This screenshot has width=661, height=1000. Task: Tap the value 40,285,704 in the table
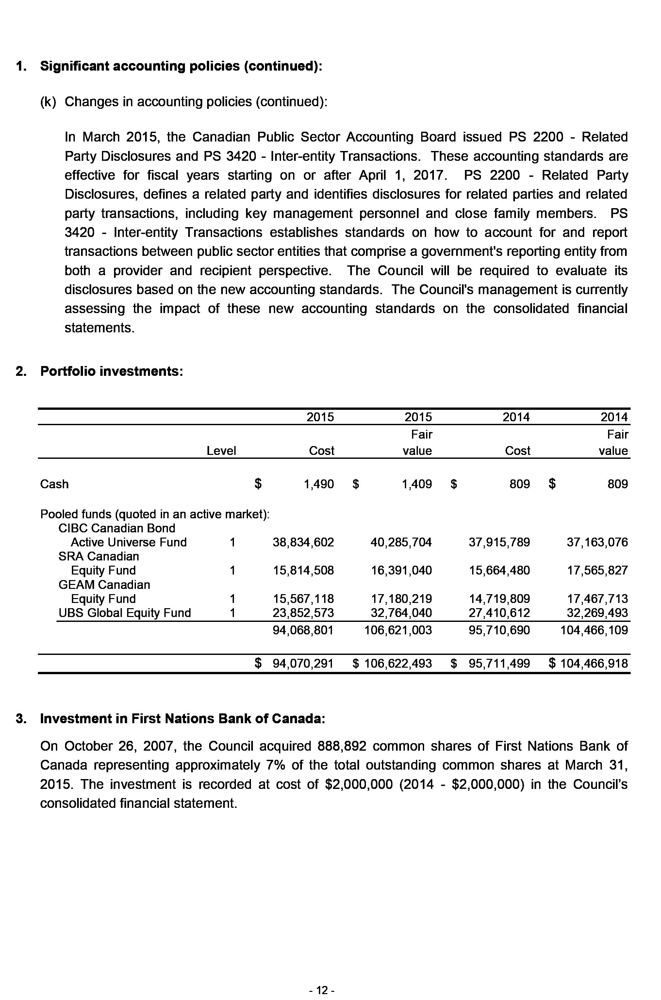(401, 542)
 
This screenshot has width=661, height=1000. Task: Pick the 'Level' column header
(221, 451)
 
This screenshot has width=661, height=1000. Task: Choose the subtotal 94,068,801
(303, 630)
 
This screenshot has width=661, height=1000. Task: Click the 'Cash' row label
(54, 484)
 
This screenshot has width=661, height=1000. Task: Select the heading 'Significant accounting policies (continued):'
(181, 66)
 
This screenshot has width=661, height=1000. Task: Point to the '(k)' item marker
(48, 102)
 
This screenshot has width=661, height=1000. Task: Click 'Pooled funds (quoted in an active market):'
(155, 514)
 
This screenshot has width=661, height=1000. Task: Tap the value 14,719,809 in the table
(499, 599)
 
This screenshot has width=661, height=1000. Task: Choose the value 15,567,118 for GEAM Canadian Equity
(303, 599)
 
